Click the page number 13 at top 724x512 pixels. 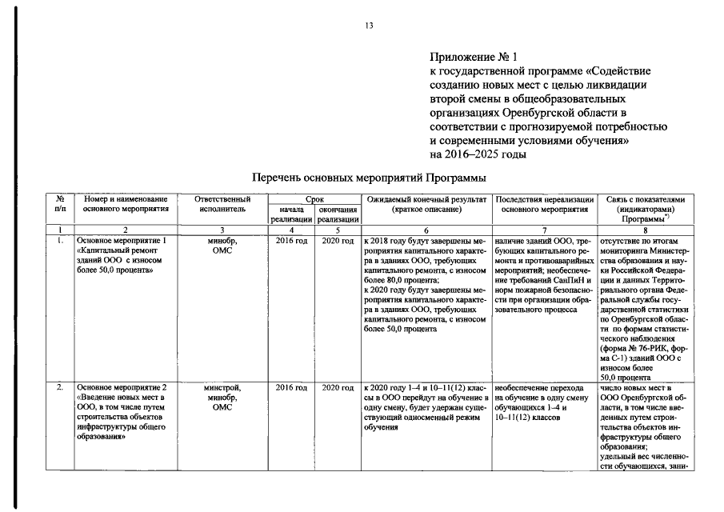pos(370,26)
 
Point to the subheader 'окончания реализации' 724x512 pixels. pos(337,214)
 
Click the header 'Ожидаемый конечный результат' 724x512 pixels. pos(424,203)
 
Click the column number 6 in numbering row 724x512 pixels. pos(425,230)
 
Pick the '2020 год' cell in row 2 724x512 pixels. pos(337,387)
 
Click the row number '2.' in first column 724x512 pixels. pos(59,387)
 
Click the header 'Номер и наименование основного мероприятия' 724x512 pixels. pos(125,203)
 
